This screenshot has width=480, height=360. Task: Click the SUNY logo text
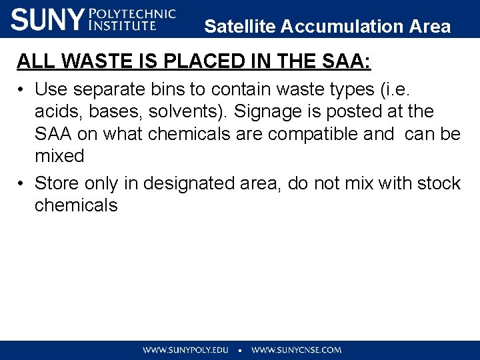click(x=47, y=19)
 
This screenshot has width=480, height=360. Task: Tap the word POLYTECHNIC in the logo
click(x=132, y=13)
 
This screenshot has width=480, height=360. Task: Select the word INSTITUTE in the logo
click(x=123, y=26)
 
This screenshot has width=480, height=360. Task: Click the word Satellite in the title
click(x=240, y=27)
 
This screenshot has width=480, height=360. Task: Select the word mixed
click(x=59, y=157)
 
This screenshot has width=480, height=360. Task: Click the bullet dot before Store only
click(x=21, y=183)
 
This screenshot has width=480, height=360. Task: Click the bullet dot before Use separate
click(x=21, y=89)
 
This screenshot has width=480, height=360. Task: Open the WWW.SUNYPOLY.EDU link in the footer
click(x=186, y=349)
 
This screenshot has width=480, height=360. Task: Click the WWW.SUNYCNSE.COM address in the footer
click(x=296, y=349)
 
